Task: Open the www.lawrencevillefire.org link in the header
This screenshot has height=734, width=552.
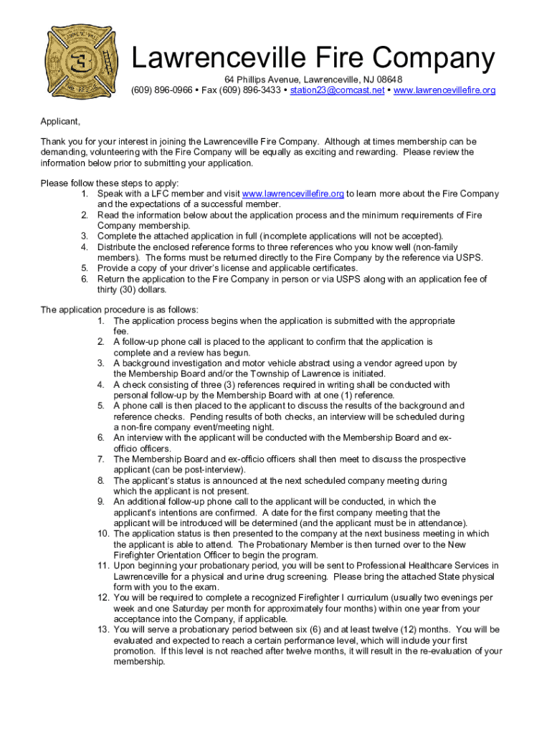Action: [444, 90]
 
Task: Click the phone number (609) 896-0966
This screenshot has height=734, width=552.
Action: [161, 90]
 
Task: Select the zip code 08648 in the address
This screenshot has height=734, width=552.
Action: [389, 79]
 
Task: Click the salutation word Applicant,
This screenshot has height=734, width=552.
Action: [60, 122]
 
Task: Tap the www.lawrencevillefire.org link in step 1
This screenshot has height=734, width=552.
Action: [292, 194]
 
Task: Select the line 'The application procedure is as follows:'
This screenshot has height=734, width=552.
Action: [119, 310]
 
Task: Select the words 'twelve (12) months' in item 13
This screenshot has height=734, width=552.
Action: [414, 630]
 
